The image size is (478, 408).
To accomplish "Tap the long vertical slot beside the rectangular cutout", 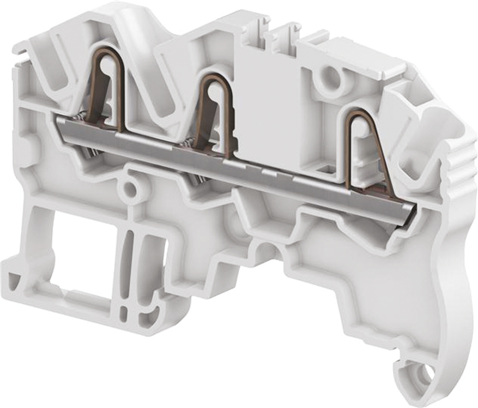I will (x=128, y=258).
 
